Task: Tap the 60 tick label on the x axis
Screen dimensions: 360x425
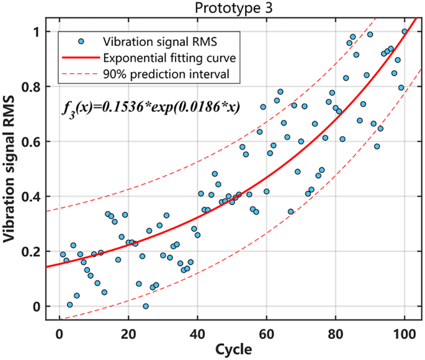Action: coord(266,332)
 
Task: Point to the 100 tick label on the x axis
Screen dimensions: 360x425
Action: coord(404,332)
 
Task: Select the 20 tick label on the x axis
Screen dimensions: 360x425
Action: coord(128,332)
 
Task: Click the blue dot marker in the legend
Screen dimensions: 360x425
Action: coord(81,43)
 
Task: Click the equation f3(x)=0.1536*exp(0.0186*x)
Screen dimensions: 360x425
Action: coord(151,106)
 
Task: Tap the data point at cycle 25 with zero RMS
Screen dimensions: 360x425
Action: coord(146,306)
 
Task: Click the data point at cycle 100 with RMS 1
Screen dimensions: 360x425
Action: coord(405,32)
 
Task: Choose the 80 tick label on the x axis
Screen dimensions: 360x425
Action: coord(335,332)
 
